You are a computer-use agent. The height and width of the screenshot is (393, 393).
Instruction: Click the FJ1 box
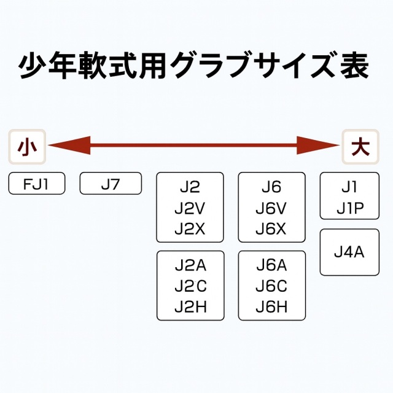click(x=37, y=184)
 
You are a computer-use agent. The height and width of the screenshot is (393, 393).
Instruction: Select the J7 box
click(x=111, y=184)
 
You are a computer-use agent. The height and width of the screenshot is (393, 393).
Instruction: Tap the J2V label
click(x=190, y=208)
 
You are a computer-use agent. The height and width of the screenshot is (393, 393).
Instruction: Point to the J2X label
click(x=190, y=228)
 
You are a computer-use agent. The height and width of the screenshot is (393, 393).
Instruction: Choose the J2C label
click(x=190, y=286)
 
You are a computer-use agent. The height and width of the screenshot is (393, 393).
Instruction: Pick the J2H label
click(x=190, y=306)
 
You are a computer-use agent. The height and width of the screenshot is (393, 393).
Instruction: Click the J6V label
click(x=271, y=208)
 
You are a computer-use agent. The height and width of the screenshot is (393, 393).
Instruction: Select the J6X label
click(x=271, y=228)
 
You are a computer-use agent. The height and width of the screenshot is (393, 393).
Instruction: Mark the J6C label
click(x=271, y=286)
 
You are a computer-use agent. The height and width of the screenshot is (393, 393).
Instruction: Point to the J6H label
click(x=271, y=306)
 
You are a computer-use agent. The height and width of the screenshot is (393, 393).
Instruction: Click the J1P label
click(x=349, y=208)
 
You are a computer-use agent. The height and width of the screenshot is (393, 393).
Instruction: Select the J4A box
click(x=349, y=252)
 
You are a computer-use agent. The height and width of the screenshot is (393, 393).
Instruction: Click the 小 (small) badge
click(x=26, y=147)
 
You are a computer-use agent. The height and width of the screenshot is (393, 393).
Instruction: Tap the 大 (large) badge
click(x=360, y=147)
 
